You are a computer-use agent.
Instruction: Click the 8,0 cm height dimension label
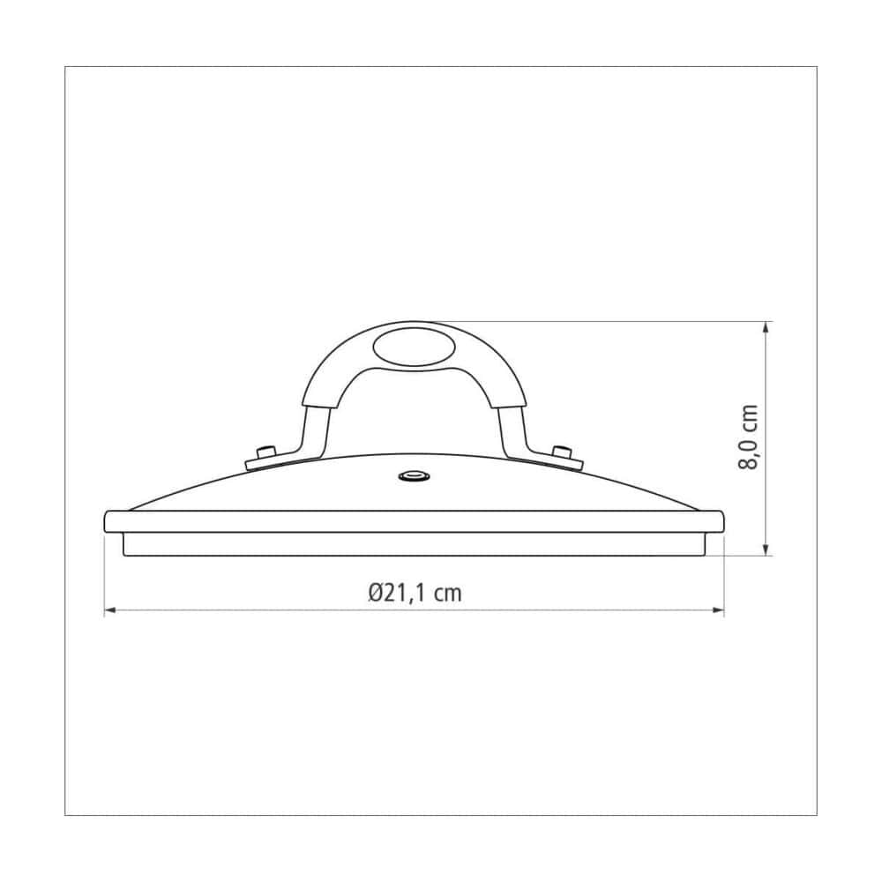pyautogui.click(x=748, y=437)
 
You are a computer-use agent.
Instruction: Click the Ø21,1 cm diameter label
pyautogui.click(x=415, y=593)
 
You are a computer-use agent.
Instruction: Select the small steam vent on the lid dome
pyautogui.click(x=415, y=477)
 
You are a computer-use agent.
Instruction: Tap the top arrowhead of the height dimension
pyautogui.click(x=766, y=327)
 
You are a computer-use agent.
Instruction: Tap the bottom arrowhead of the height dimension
pyautogui.click(x=766, y=549)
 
